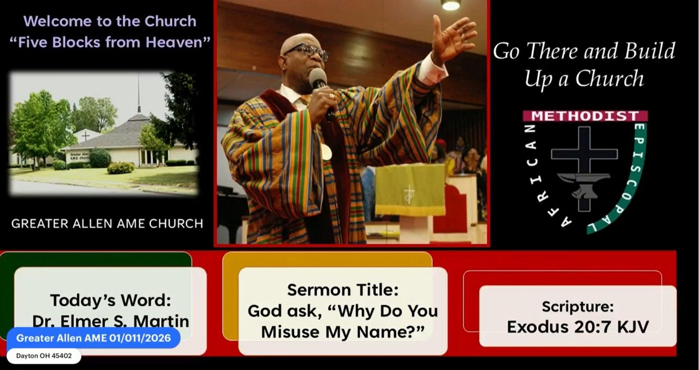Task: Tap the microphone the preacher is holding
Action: (x=318, y=79)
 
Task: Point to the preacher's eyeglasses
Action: (x=307, y=51)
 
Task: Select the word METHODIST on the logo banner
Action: (x=585, y=116)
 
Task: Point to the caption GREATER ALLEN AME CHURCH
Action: (x=107, y=224)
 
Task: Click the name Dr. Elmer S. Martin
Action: (x=111, y=321)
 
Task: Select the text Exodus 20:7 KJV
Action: (x=577, y=327)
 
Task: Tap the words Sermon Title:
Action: (x=343, y=290)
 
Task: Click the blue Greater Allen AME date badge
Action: (x=93, y=338)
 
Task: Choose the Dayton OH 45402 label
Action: (x=44, y=356)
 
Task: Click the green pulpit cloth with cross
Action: (x=410, y=189)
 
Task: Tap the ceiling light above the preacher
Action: (x=450, y=5)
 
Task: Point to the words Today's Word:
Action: (x=111, y=300)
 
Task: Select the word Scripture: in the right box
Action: (x=577, y=307)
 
